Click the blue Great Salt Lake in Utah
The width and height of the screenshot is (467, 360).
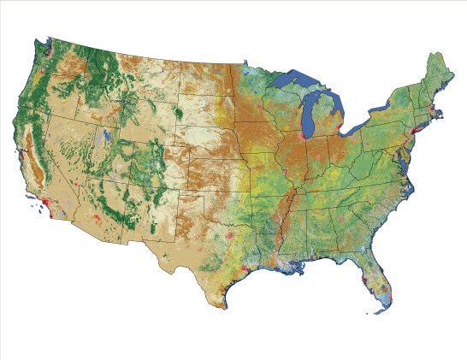click(105, 135)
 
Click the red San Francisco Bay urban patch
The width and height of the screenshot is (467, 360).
click(20, 159)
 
